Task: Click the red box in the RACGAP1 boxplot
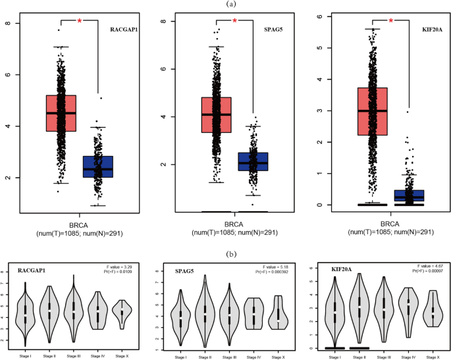click(61, 113)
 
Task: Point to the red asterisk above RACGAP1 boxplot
click(80, 22)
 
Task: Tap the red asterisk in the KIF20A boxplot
click(390, 22)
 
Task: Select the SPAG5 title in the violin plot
click(182, 269)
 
